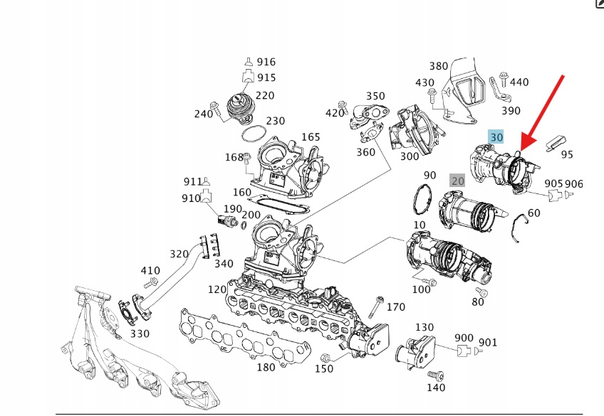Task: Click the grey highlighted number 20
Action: pos(457,181)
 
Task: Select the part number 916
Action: pos(266,63)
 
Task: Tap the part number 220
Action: pos(264,95)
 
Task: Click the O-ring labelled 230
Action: pos(252,133)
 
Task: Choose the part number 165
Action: pos(311,137)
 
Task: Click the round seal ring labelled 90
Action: pos(422,199)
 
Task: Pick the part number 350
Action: pos(375,96)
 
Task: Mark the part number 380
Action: pos(439,66)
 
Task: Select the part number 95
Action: pos(567,154)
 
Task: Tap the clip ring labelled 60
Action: pos(519,228)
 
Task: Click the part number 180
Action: pos(266,367)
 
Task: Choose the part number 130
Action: pos(425,326)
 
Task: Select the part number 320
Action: pos(179,254)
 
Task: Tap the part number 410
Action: pos(150,270)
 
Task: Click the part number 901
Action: pos(488,343)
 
